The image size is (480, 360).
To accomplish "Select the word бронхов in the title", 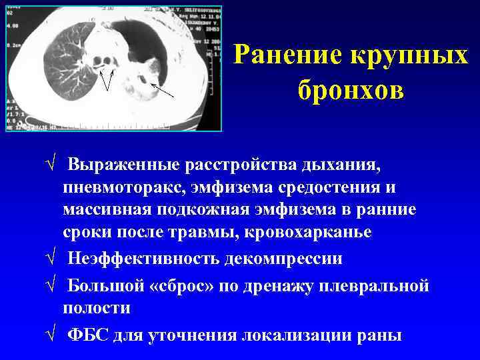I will tap(350, 89).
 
